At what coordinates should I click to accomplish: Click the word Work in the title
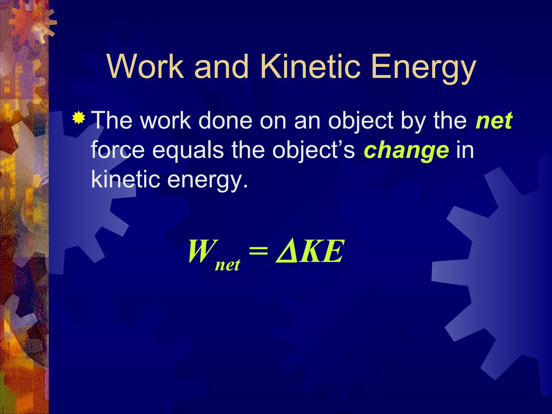tap(146, 66)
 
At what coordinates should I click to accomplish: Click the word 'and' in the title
tap(221, 66)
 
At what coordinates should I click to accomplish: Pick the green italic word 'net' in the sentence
tap(494, 121)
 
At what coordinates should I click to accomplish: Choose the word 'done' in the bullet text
tap(225, 120)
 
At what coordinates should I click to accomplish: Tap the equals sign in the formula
tap(258, 251)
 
